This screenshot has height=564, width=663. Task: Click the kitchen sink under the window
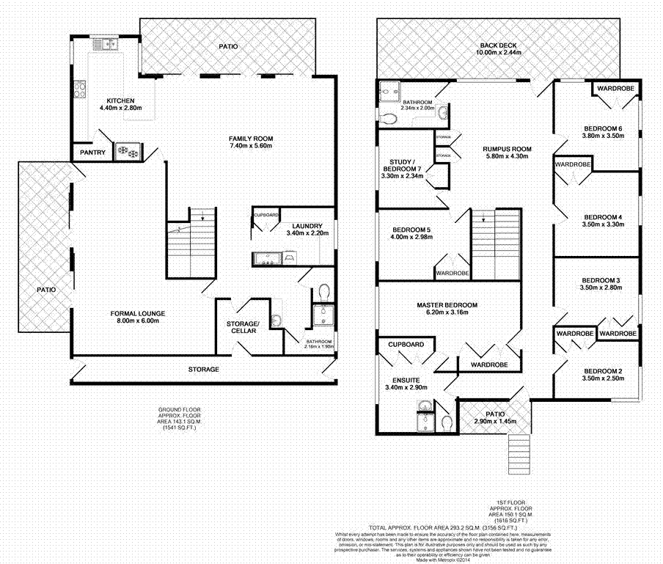(x=111, y=45)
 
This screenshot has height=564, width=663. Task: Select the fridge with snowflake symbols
(x=128, y=152)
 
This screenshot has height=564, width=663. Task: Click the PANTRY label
(x=93, y=153)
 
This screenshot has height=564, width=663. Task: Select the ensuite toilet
(x=445, y=422)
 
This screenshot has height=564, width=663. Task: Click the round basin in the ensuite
(x=422, y=409)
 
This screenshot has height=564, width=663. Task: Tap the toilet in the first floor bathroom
(x=389, y=116)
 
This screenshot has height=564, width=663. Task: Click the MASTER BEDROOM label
(x=447, y=305)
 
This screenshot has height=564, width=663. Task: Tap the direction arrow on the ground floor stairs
(x=202, y=215)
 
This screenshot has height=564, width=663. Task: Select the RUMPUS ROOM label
(x=502, y=149)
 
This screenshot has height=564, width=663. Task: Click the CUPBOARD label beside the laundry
(x=265, y=215)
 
